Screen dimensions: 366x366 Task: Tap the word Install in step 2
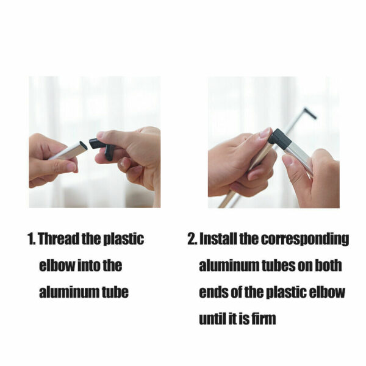pos(218,239)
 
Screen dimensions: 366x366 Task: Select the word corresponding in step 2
pos(304,239)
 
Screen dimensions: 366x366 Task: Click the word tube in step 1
pos(115,292)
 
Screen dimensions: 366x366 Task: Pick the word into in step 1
pos(88,265)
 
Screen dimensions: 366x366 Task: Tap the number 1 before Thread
pos(31,239)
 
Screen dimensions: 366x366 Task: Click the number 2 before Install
pos(192,239)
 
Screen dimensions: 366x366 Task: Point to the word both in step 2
pos(328,265)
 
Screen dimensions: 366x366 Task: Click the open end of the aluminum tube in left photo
pos(83,145)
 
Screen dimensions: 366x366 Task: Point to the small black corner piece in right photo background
pos(310,113)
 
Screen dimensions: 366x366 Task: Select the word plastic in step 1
pos(123,239)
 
